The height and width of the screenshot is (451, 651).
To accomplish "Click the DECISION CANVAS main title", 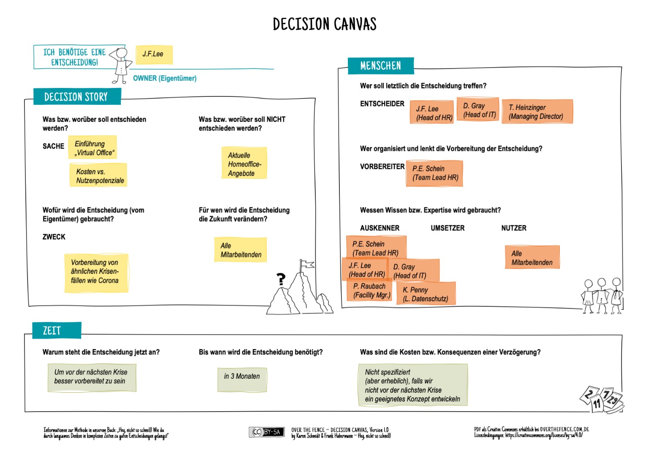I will pos(324,24).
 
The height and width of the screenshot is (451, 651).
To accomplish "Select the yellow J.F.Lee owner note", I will pos(154,55).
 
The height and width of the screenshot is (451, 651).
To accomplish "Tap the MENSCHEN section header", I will pos(380,66).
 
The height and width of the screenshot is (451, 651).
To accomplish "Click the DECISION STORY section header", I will pos(76,97).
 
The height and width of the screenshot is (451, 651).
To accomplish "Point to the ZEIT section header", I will pos(52,331).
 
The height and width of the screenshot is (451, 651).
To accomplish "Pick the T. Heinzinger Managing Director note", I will pos(537,112).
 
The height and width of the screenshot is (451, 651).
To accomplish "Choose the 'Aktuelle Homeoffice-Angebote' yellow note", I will pos(244,164).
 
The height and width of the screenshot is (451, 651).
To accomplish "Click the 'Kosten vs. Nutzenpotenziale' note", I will pos(98,175).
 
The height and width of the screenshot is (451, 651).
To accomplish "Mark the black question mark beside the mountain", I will pos(281,279).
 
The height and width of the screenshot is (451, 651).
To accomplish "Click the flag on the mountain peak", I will pos(307,265).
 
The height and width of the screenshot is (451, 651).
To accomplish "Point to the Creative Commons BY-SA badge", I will pos(266,432).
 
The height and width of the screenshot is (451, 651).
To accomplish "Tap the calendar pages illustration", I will pos(602,399).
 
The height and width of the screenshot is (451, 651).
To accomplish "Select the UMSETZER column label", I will pos(448,228).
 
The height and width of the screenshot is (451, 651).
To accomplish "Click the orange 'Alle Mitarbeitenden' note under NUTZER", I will pos(532,257).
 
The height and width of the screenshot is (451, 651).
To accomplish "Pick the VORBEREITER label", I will pos(382,167).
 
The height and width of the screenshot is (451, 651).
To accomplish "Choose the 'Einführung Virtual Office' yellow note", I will pos(93,148).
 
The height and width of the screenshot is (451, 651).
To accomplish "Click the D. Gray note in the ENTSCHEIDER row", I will pos(478,110).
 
